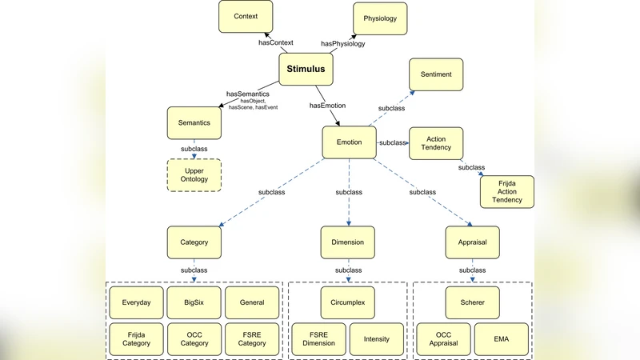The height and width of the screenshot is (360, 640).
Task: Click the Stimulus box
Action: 306,70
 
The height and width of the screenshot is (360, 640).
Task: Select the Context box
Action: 246,17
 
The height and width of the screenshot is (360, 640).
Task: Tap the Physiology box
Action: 380,18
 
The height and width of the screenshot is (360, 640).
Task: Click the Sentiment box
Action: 437,74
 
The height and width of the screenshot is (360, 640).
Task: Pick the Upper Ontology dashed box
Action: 194,175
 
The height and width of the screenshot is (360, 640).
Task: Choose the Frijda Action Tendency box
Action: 506,192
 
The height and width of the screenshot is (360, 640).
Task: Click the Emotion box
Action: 349,142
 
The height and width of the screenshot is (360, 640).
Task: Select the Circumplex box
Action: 348,303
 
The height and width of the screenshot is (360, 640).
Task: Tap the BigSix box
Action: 194,303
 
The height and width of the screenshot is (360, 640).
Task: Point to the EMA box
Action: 502,339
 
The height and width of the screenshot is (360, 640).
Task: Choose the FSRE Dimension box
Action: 318,339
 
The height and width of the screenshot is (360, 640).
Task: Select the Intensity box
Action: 377,339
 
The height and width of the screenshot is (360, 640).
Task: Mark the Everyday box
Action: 136,303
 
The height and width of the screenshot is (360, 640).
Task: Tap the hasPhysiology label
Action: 342,43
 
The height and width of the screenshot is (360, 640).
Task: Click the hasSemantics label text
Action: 247,94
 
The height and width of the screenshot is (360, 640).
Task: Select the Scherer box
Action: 472,303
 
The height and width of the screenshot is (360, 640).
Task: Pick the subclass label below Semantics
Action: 194,149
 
